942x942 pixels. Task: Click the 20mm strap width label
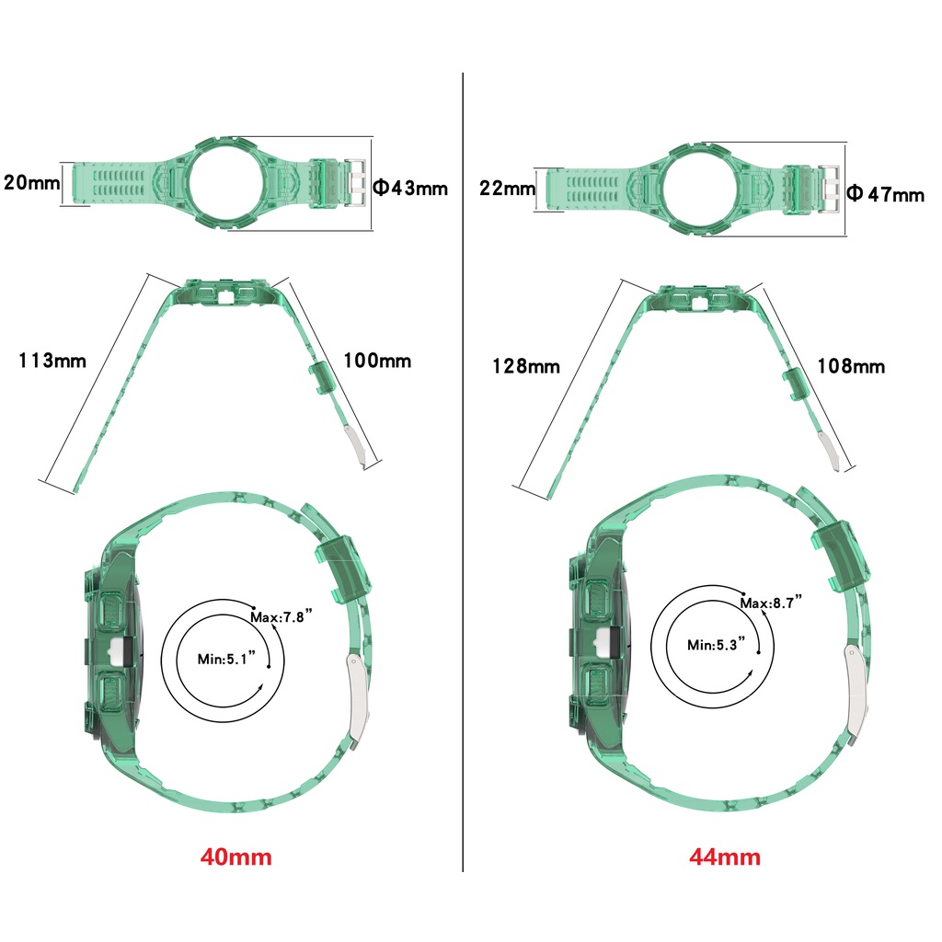pyautogui.click(x=32, y=182)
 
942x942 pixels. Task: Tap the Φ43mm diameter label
pyautogui.click(x=411, y=188)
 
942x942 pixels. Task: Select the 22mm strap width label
pyautogui.click(x=507, y=188)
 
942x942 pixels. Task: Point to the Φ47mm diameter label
pyautogui.click(x=886, y=194)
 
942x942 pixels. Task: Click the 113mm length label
pyautogui.click(x=52, y=361)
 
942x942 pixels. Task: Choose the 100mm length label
pyautogui.click(x=377, y=361)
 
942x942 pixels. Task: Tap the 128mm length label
pyautogui.click(x=526, y=366)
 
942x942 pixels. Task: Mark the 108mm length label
pyautogui.click(x=851, y=366)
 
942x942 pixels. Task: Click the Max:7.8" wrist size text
pyautogui.click(x=281, y=616)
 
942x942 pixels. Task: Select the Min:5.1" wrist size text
pyautogui.click(x=226, y=659)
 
